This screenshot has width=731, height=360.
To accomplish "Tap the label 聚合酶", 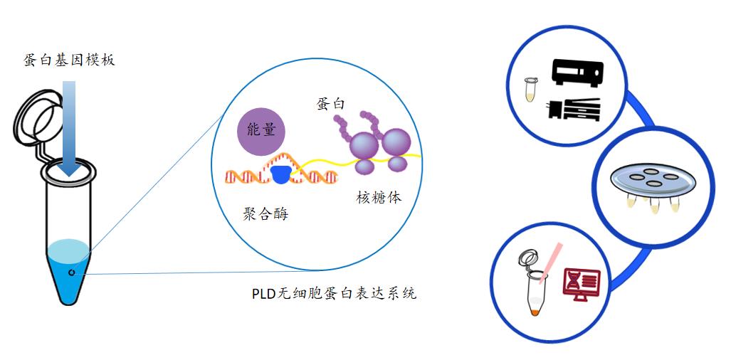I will [x=261, y=213].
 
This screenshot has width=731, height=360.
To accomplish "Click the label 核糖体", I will [x=379, y=197].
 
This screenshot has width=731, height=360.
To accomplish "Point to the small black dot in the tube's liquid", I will [x=71, y=272].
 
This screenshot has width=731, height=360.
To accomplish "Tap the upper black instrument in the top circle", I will [x=578, y=73].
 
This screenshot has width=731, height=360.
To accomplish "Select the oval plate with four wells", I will [x=651, y=180].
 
